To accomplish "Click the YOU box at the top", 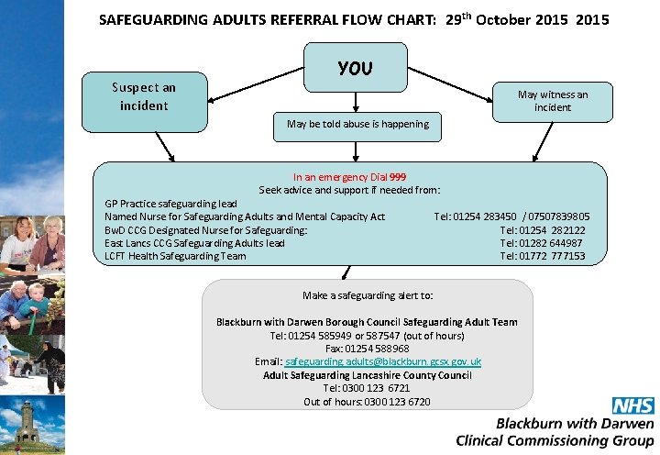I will [355, 68].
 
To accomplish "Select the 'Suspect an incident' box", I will [144, 96].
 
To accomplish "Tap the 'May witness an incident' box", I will [552, 101].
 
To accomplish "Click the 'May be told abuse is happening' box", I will [357, 124].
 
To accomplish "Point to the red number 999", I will [398, 177].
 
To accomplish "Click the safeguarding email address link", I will [384, 361].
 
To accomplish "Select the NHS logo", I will [632, 406].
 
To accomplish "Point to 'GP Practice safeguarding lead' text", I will [170, 204].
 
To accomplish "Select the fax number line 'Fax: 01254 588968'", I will [367, 349].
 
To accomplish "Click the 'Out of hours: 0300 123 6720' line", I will [367, 402].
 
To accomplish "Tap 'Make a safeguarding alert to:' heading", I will [368, 295].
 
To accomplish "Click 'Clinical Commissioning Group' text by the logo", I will [555, 440].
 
